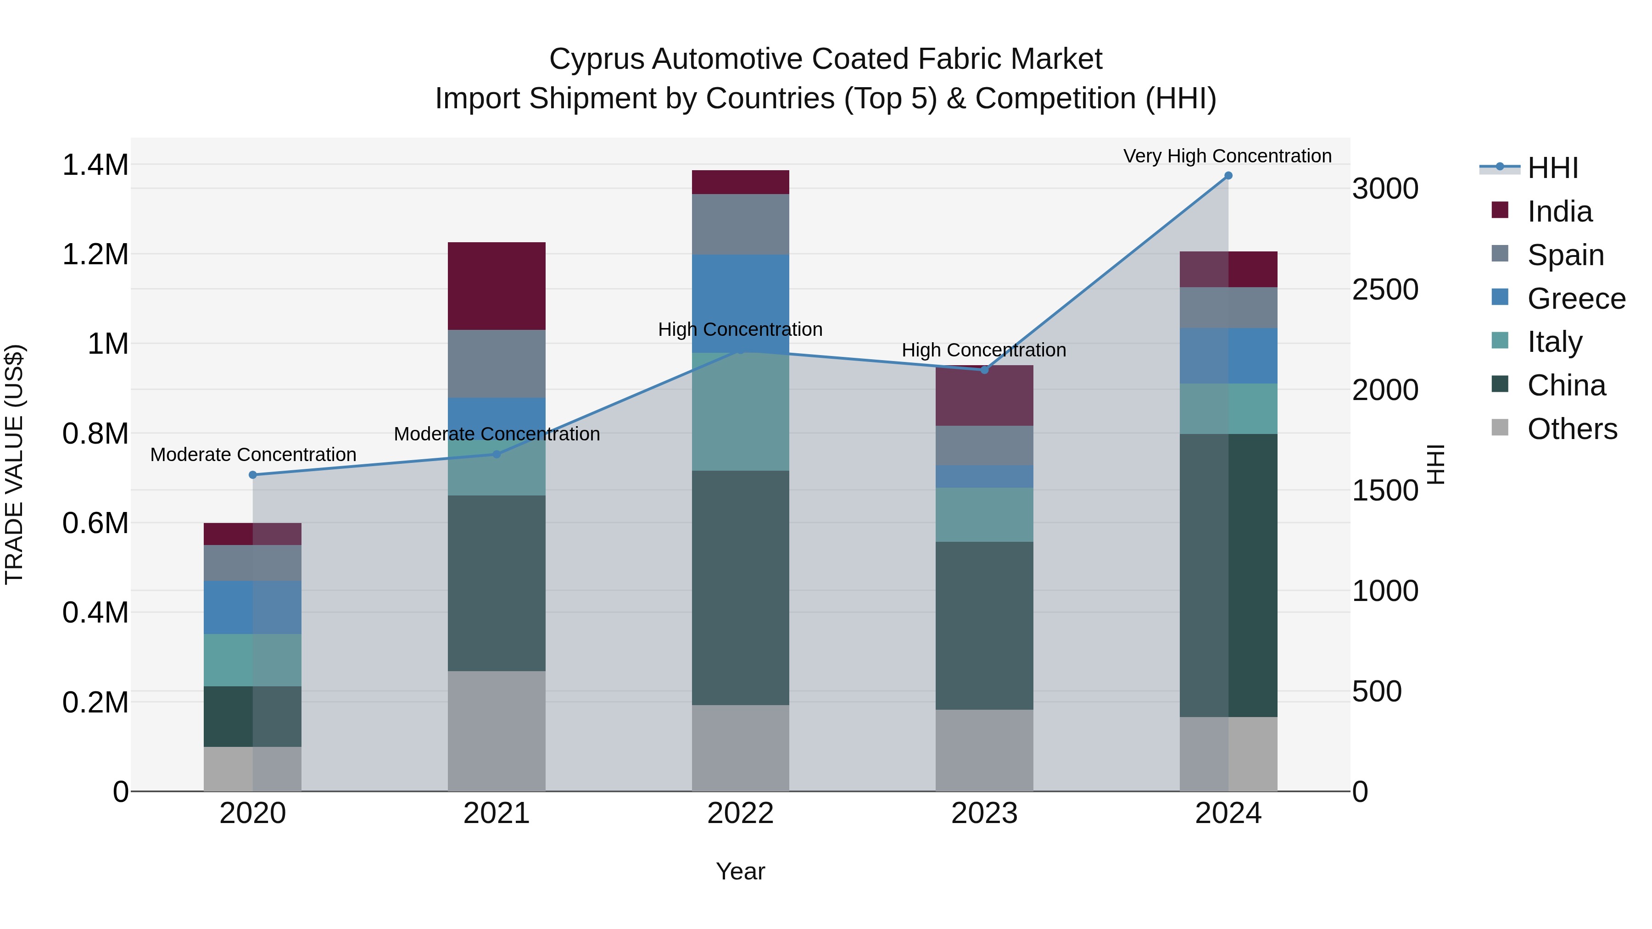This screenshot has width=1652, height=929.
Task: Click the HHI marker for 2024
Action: pyautogui.click(x=1228, y=176)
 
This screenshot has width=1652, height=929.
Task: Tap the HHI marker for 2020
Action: pyautogui.click(x=253, y=475)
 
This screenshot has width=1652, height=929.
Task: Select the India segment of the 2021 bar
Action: pyautogui.click(x=497, y=286)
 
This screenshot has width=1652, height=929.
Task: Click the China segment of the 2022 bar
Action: pyautogui.click(x=740, y=588)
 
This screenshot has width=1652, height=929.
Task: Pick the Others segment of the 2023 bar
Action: pyautogui.click(x=984, y=750)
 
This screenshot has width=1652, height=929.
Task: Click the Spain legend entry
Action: pyautogui.click(x=1565, y=255)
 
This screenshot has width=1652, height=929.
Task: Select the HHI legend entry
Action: pyautogui.click(x=1552, y=168)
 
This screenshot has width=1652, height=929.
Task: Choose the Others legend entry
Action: pyautogui.click(x=1571, y=429)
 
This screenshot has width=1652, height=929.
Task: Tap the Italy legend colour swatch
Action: pyautogui.click(x=1500, y=340)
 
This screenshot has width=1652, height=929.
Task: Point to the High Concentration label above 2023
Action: pyautogui.click(x=984, y=350)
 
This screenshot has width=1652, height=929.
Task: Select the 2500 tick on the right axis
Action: pyautogui.click(x=1385, y=290)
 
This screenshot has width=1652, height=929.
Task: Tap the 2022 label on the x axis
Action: pyautogui.click(x=740, y=813)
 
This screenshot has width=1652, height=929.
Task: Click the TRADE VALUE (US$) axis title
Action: pyautogui.click(x=14, y=464)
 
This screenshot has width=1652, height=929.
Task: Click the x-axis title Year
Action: pyautogui.click(x=740, y=871)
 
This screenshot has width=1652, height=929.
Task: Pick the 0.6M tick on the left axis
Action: pyautogui.click(x=95, y=523)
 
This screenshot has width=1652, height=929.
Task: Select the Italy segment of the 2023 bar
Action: pyautogui.click(x=984, y=515)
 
